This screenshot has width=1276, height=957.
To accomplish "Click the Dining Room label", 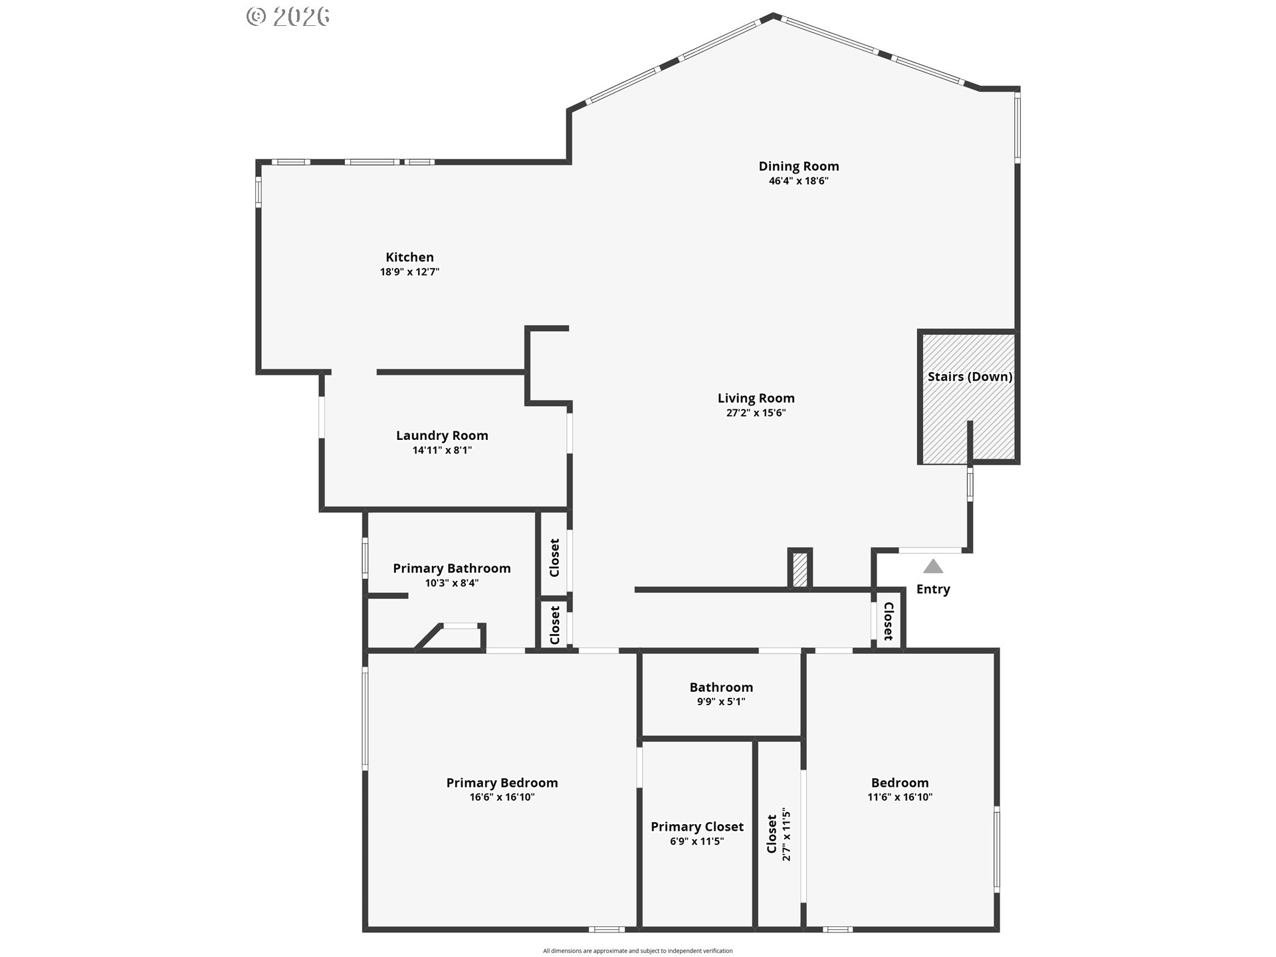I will pyautogui.click(x=798, y=166).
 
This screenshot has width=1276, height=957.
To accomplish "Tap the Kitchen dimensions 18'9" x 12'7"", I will pyautogui.click(x=409, y=272).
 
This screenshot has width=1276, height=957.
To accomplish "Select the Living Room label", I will pyautogui.click(x=756, y=398).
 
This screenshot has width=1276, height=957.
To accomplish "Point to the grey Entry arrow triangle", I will pyautogui.click(x=933, y=567).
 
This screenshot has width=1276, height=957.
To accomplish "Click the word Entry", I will pyautogui.click(x=933, y=589).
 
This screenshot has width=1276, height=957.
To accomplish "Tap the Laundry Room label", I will pyautogui.click(x=442, y=435).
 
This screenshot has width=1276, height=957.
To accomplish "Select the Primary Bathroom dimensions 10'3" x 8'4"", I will pyautogui.click(x=451, y=583).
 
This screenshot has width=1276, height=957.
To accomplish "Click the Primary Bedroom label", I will pyautogui.click(x=502, y=783).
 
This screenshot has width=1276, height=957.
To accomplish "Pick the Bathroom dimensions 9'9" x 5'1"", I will pyautogui.click(x=721, y=702).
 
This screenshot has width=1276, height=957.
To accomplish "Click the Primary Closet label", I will pyautogui.click(x=696, y=827).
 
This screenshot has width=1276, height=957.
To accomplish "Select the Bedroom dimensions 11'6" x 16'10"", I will pyautogui.click(x=900, y=797).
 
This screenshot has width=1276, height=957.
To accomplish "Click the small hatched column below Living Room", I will pyautogui.click(x=800, y=570).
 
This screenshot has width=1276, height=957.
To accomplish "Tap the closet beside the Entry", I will pyautogui.click(x=888, y=620).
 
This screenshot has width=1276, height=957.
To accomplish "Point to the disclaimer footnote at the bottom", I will pyautogui.click(x=637, y=951).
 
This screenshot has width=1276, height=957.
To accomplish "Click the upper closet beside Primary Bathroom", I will pyautogui.click(x=554, y=557).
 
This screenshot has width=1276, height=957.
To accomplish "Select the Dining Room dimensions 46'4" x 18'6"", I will pyautogui.click(x=798, y=181).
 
